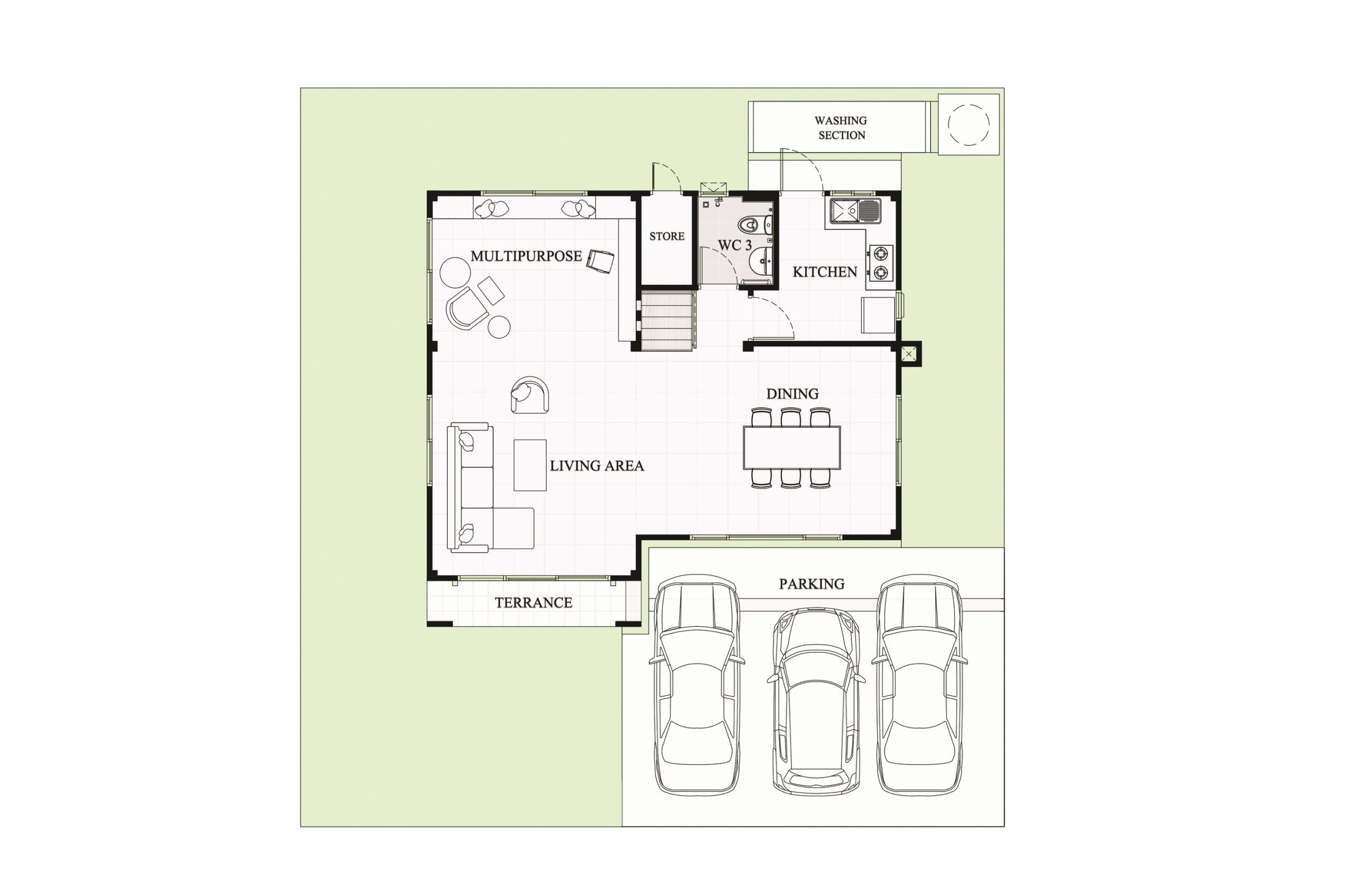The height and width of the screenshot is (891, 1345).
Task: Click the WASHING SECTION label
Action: point(840,128)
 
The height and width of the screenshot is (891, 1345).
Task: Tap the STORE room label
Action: point(667,236)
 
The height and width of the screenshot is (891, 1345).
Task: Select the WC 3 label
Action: point(734,245)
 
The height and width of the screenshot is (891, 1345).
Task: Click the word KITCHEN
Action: point(825,272)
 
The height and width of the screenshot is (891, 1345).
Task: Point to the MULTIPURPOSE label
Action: point(526,256)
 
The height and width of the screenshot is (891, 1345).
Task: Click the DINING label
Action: point(793,394)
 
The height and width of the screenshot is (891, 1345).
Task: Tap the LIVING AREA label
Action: point(596,466)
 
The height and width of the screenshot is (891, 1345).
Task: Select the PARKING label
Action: point(811,584)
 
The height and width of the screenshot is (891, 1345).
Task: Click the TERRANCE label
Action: point(533,603)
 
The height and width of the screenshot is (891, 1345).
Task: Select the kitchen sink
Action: point(855,211)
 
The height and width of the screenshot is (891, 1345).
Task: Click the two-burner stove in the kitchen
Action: point(880,263)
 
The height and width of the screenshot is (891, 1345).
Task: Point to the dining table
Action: point(791,448)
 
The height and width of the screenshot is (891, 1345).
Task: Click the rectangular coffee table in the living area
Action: point(530,465)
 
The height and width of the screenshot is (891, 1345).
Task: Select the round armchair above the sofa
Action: point(529,394)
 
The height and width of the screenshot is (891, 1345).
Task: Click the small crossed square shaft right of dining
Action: point(909,354)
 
